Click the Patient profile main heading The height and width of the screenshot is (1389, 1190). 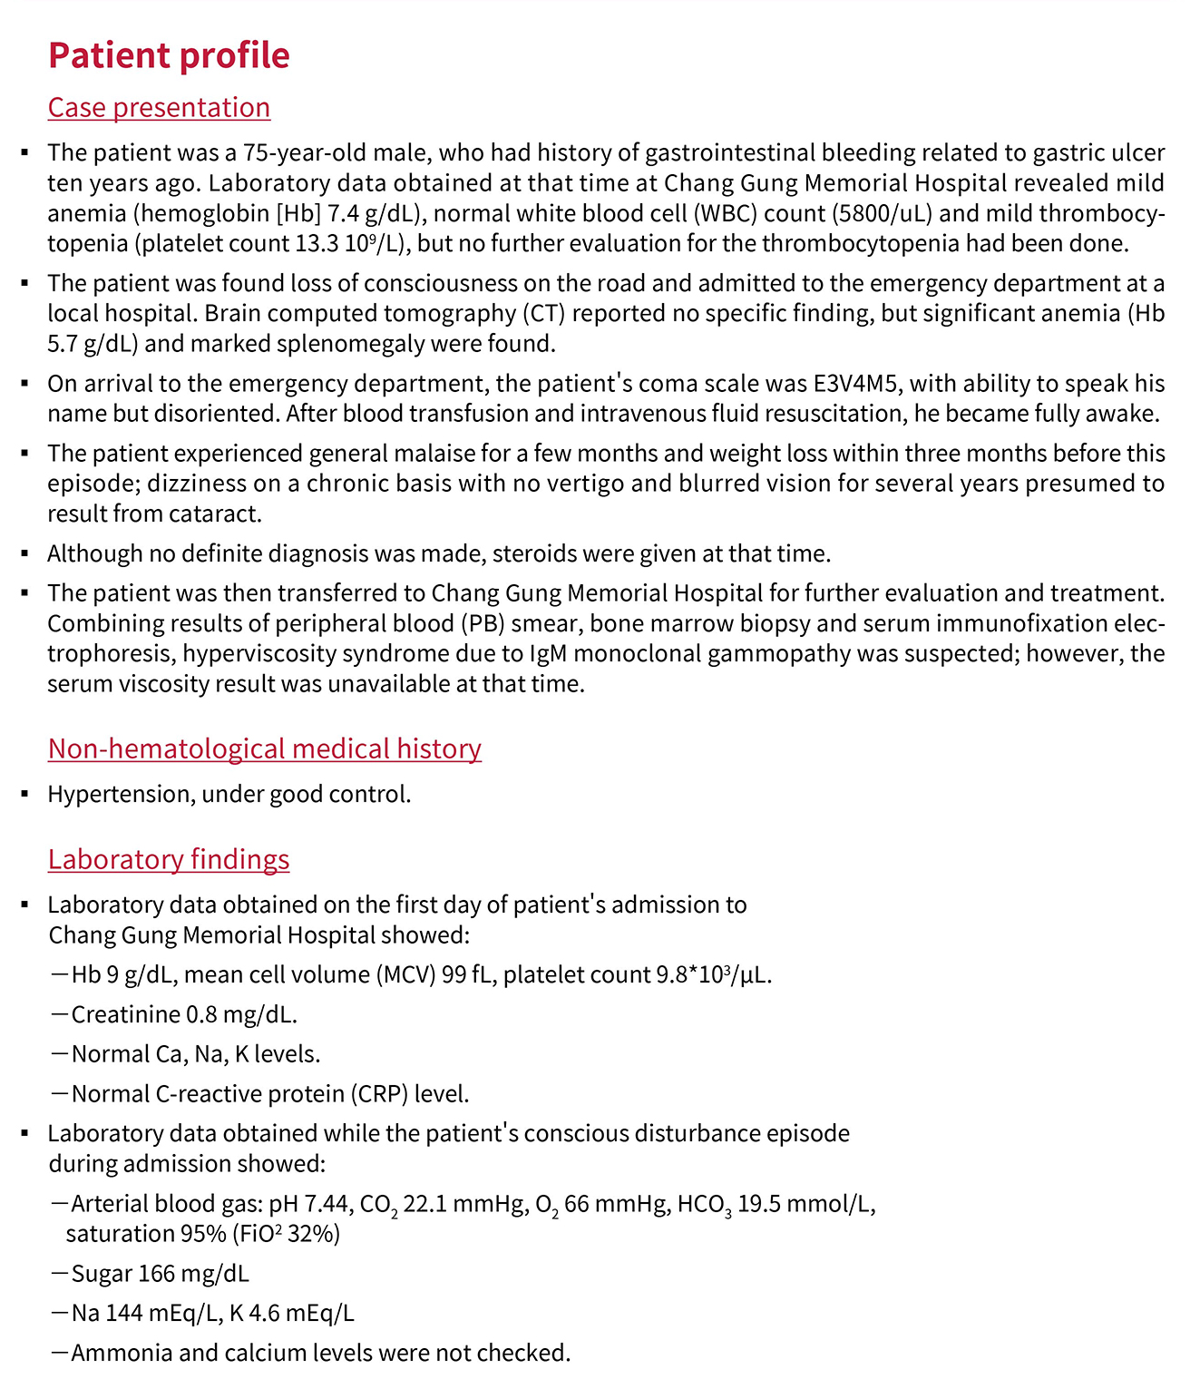click(x=169, y=55)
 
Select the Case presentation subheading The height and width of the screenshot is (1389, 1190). click(x=159, y=107)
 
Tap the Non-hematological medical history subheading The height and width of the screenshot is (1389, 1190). click(x=264, y=748)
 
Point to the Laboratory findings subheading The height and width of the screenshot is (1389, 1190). click(x=169, y=859)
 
